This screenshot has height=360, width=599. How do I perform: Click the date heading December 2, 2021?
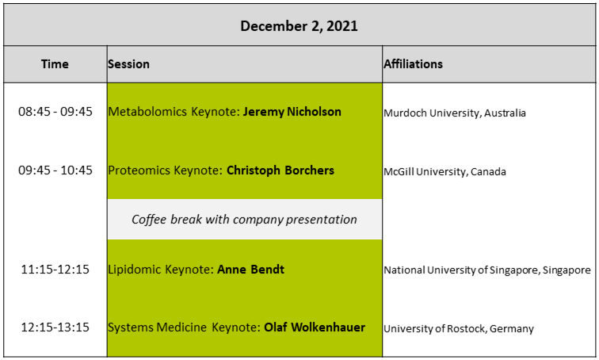[x=299, y=26]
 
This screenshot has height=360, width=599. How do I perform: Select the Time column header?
[x=55, y=63]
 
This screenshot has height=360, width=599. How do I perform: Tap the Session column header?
[x=128, y=63]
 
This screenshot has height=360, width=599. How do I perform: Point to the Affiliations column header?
[x=414, y=63]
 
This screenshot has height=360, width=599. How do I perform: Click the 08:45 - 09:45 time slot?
[x=55, y=112]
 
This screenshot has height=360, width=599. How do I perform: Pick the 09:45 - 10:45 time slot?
[x=55, y=170]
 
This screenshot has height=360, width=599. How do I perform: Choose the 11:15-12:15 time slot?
[x=55, y=270]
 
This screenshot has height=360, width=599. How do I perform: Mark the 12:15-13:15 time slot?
[x=55, y=327]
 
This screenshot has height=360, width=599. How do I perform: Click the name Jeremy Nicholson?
[x=292, y=112]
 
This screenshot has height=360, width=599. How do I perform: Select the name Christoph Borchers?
[x=280, y=170]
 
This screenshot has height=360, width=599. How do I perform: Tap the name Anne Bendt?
[x=251, y=270]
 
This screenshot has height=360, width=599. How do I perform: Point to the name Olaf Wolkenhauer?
[x=315, y=327]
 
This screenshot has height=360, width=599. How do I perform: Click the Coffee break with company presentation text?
[x=245, y=220]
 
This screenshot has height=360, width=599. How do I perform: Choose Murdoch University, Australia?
[x=455, y=113]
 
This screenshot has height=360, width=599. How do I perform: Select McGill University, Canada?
[x=444, y=171]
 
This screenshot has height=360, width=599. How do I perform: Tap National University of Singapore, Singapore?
[x=487, y=270]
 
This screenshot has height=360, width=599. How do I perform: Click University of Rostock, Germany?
[x=459, y=328]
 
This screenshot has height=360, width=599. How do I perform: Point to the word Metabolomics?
[x=147, y=112]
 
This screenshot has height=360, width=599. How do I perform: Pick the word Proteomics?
[x=139, y=170]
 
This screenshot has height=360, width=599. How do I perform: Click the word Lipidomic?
[x=135, y=270]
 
